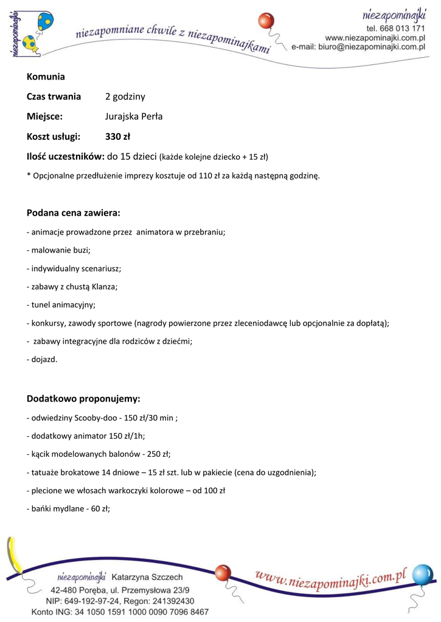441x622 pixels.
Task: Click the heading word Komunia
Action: click(x=46, y=77)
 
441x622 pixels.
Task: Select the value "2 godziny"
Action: click(x=125, y=97)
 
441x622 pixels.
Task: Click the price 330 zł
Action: click(x=117, y=136)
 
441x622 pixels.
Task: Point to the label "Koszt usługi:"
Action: click(x=54, y=136)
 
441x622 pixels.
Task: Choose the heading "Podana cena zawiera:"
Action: click(x=74, y=213)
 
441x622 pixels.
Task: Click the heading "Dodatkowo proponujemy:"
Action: click(x=83, y=398)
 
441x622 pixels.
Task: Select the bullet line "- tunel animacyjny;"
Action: click(x=61, y=304)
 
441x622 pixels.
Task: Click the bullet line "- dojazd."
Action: click(x=42, y=359)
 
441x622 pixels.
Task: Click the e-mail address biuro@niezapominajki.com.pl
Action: click(x=372, y=46)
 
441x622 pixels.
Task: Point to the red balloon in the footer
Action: click(x=223, y=573)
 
